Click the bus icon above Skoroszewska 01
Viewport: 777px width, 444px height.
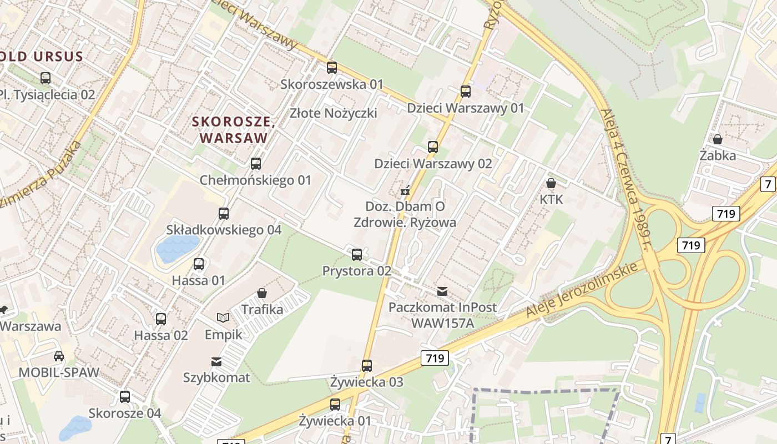pyautogui.click(x=332, y=68)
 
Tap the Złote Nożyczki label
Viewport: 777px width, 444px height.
pyautogui.click(x=333, y=113)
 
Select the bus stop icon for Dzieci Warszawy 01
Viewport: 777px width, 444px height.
pyautogui.click(x=466, y=92)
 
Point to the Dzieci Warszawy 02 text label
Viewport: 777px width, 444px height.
pyautogui.click(x=433, y=164)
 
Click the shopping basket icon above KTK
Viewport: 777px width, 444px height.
pyautogui.click(x=551, y=183)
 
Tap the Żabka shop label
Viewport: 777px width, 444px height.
pyautogui.click(x=718, y=155)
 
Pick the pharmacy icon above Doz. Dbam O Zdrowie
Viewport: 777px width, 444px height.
pyautogui.click(x=406, y=191)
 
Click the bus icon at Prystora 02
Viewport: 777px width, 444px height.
pyautogui.click(x=357, y=255)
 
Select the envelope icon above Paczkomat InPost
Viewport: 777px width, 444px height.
pyautogui.click(x=442, y=291)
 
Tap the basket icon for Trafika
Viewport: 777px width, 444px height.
pyautogui.click(x=262, y=293)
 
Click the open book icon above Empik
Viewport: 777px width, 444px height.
pyautogui.click(x=223, y=318)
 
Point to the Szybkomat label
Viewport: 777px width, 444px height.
pyautogui.click(x=216, y=378)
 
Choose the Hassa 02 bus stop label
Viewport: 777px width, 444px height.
pyautogui.click(x=161, y=335)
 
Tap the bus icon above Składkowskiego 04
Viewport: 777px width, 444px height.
pyautogui.click(x=224, y=214)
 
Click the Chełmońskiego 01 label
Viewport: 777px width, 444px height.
pyautogui.click(x=255, y=180)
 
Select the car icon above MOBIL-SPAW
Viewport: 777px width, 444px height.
pyautogui.click(x=59, y=356)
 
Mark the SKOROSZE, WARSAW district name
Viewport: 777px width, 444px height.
pyautogui.click(x=234, y=129)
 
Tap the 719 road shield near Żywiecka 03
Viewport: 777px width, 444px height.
pyautogui.click(x=434, y=359)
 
